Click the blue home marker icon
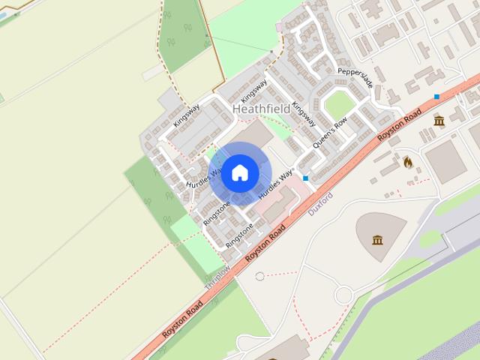239,172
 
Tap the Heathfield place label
261,109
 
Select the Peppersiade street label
355,78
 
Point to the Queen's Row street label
330,133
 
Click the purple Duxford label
320,204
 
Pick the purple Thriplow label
217,277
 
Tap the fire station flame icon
408,161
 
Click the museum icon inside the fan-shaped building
377,240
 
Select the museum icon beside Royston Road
439,121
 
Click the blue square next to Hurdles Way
306,178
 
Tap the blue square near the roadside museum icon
436,97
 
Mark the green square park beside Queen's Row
338,106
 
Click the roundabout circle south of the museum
343,295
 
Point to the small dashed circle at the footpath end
259,276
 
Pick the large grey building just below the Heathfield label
255,135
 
